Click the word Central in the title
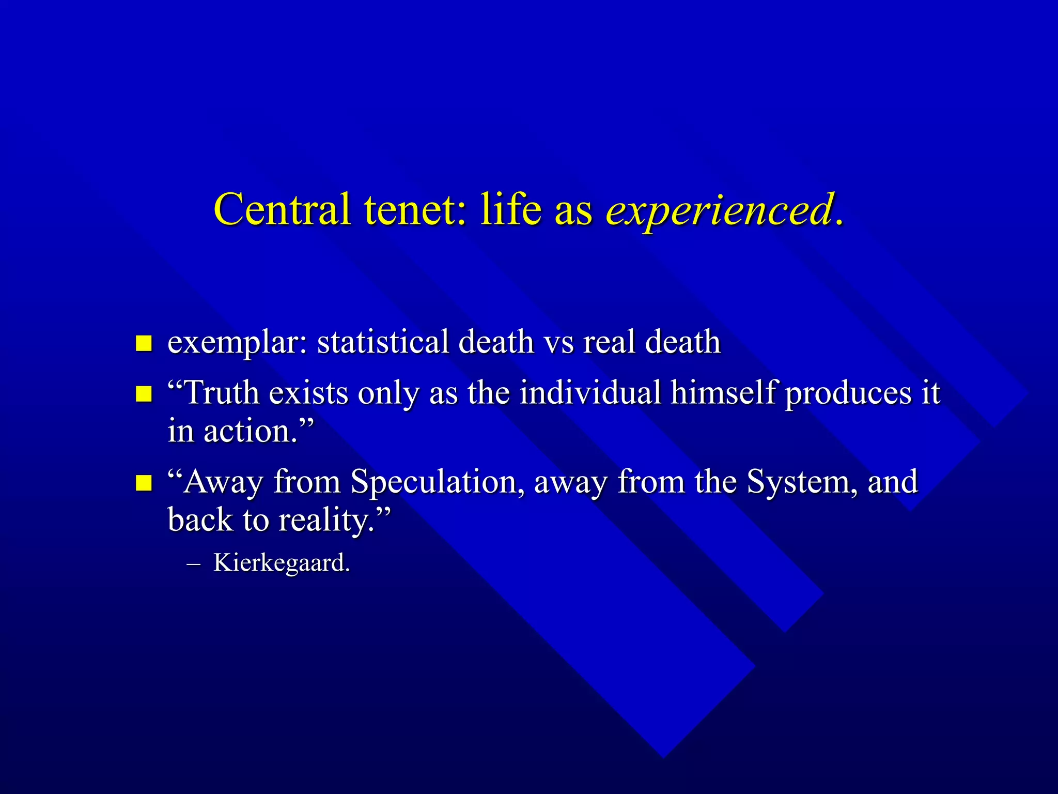coord(282,209)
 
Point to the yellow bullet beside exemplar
coord(144,343)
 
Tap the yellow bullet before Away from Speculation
coord(144,483)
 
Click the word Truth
coord(222,393)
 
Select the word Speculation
coord(434,482)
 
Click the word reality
coord(326,521)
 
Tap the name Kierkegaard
coord(282,563)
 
